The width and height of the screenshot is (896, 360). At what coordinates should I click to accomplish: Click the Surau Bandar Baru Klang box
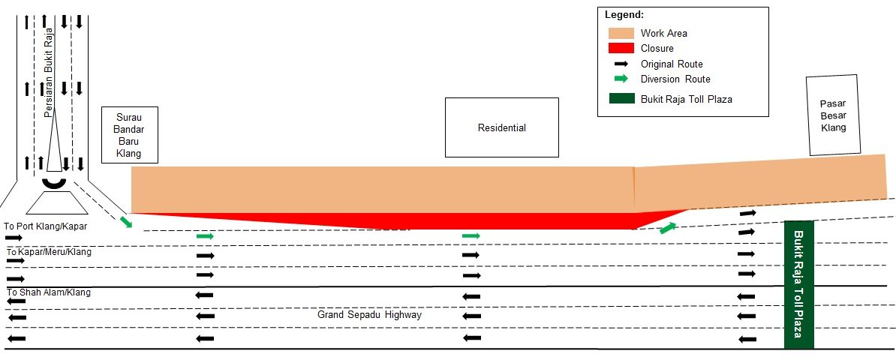pyautogui.click(x=129, y=136)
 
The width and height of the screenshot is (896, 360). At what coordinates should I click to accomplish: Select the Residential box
pyautogui.click(x=502, y=127)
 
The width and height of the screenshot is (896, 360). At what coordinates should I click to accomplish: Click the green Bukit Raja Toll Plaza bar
pyautogui.click(x=799, y=284)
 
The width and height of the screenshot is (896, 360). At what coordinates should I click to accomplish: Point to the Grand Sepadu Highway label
pyautogui.click(x=370, y=315)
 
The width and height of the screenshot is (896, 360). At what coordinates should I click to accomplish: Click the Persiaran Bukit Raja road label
pyautogui.click(x=49, y=73)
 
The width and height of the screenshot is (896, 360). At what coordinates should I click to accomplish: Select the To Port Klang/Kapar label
pyautogui.click(x=45, y=226)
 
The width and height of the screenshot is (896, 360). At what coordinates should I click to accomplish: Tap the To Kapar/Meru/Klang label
pyautogui.click(x=49, y=251)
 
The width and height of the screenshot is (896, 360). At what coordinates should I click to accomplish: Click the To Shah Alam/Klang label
pyautogui.click(x=49, y=292)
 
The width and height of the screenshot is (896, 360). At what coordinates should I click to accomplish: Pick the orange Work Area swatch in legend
pyautogui.click(x=621, y=33)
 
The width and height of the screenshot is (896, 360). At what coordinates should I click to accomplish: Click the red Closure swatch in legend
pyautogui.click(x=621, y=49)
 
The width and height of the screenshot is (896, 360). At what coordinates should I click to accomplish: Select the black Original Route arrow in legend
pyautogui.click(x=621, y=64)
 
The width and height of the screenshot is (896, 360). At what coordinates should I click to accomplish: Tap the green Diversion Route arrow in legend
pyautogui.click(x=621, y=79)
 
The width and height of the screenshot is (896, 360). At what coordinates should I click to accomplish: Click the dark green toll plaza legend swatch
pyautogui.click(x=621, y=99)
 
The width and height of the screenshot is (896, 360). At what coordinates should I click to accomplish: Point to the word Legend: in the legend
pyautogui.click(x=624, y=14)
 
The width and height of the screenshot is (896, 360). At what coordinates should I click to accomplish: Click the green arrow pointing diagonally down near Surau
pyautogui.click(x=126, y=222)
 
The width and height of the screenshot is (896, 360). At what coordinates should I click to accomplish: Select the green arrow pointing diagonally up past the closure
pyautogui.click(x=668, y=228)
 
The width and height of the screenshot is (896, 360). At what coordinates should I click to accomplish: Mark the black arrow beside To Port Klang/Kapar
pyautogui.click(x=14, y=237)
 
